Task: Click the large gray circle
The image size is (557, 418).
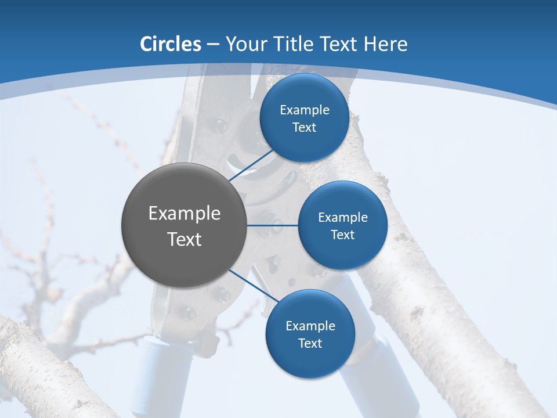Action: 185,225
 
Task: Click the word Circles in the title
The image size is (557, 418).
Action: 171,44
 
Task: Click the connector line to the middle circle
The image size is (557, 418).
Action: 273,225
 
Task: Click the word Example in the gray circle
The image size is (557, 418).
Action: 185,214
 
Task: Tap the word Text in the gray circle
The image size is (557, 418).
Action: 185,239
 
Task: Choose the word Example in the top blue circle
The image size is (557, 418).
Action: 305,110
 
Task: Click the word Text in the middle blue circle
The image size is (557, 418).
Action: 342,235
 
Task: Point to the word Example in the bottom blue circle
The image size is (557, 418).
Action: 310,326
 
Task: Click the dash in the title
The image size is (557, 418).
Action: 212,44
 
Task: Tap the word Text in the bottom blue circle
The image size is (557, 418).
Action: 310,343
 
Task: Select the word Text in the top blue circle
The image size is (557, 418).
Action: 304,128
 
